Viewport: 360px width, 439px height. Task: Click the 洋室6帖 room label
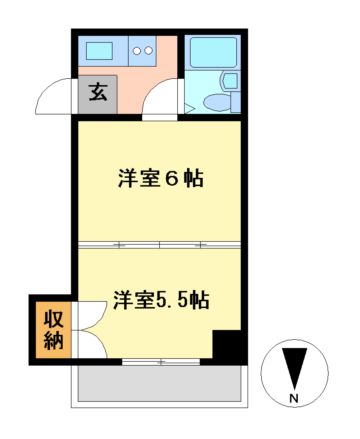161,179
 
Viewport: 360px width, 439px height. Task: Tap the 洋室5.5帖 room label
161,300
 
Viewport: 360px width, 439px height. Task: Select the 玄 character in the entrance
98,91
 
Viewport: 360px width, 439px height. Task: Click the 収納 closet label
54,330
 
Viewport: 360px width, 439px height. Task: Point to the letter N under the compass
294,398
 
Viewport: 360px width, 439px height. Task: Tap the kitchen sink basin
100,51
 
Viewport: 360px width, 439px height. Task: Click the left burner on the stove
137,51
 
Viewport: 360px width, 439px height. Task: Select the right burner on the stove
148,51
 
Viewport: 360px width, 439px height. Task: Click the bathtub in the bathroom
213,52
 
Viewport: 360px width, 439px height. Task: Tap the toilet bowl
217,102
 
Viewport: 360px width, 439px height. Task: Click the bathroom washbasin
231,81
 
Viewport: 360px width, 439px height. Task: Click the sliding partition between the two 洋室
159,245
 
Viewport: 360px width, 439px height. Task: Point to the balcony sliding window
161,362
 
